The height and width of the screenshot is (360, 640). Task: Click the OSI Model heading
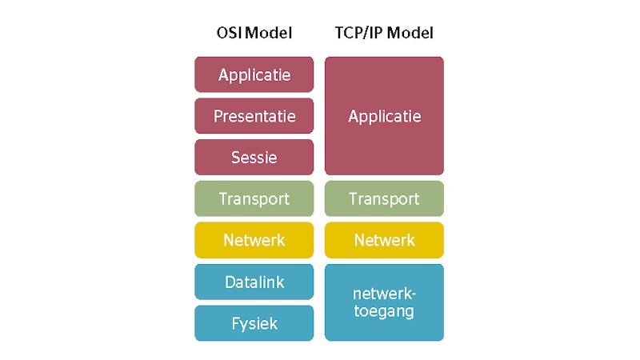pos(254,33)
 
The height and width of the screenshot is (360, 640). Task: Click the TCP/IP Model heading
pos(384,33)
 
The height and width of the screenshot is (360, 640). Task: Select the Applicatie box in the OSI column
pos(254,74)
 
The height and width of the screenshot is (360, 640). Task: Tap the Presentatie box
pos(254,116)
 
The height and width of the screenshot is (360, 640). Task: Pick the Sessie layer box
pos(254,157)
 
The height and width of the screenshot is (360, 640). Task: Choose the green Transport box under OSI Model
pos(254,198)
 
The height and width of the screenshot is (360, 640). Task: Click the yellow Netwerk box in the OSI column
pos(254,240)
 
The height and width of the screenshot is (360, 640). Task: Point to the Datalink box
pos(254,282)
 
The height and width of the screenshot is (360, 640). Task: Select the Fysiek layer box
pos(254,323)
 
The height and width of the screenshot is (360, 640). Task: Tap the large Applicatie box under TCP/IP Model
pos(384,116)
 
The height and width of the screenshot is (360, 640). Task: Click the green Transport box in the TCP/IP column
pos(384,198)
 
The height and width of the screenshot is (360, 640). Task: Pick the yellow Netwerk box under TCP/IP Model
pos(384,240)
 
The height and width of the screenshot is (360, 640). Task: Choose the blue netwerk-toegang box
pos(384,302)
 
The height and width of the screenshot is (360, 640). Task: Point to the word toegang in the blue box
pos(384,312)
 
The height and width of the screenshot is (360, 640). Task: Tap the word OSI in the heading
pos(230,33)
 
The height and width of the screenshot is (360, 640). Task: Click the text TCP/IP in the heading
pos(358,33)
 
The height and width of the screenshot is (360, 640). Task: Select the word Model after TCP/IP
pos(410,33)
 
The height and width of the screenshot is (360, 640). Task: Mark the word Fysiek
pos(254,324)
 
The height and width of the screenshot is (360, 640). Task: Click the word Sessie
pos(254,158)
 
